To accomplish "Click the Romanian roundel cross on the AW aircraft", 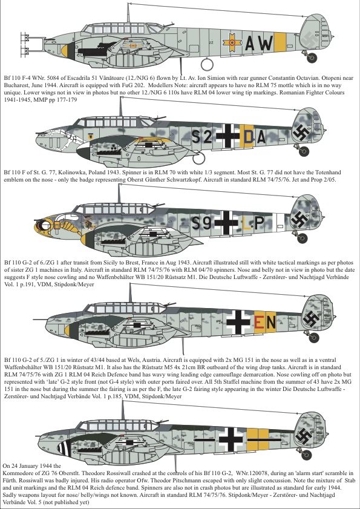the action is (x=232, y=42).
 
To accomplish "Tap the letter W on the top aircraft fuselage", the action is (x=264, y=43).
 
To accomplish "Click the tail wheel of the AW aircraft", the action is (x=312, y=57).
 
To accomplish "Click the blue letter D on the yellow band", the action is (x=248, y=137).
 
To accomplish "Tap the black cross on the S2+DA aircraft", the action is (x=228, y=136).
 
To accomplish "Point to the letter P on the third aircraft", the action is (x=260, y=223).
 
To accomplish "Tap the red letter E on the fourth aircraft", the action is (x=259, y=323).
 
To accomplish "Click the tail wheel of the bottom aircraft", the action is (x=306, y=455).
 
